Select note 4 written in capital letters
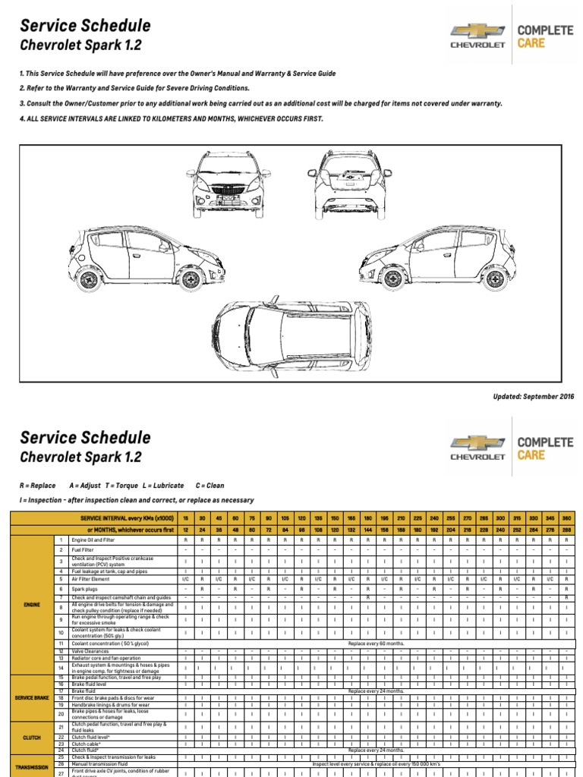pos(171,118)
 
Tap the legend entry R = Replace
pos(37,486)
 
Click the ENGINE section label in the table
pos(31,605)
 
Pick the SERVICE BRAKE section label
pos(31,697)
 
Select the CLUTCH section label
pos(31,736)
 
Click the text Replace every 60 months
pos(376,643)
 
